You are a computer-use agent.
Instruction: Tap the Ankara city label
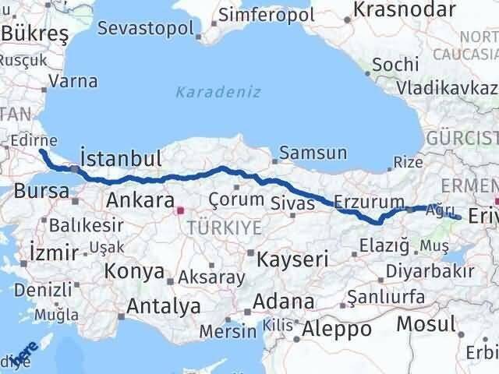138,199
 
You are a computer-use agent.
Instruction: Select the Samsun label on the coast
313,153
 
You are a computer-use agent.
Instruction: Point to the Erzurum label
370,202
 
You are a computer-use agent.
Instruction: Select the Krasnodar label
404,9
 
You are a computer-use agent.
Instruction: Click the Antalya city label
164,306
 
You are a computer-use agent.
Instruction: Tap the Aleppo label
337,329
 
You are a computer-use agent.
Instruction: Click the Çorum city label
236,199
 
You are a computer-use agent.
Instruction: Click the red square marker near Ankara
180,209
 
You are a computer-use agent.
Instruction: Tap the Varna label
76,81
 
